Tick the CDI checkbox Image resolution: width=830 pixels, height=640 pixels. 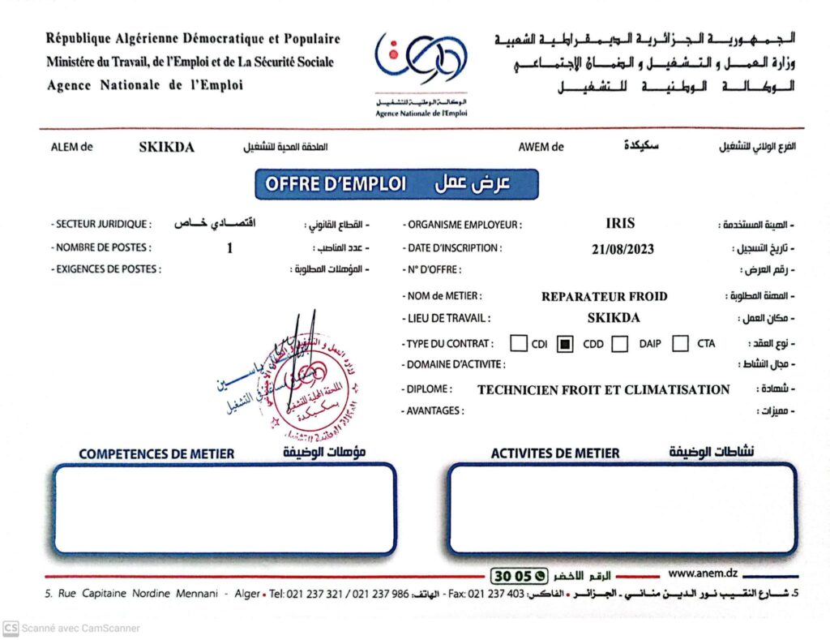tap(519, 343)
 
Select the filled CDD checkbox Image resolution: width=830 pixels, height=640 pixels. tap(566, 343)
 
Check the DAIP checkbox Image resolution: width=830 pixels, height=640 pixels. tap(620, 343)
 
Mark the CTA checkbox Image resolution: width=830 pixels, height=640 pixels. tap(681, 343)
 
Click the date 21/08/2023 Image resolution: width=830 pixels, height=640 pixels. tap(622, 249)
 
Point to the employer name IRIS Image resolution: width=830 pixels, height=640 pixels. tap(620, 224)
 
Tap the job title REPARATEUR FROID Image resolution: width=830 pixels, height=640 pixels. tap(604, 296)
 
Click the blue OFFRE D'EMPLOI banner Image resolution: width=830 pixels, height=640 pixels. tap(396, 184)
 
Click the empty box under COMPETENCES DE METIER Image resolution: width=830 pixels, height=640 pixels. tap(225, 509)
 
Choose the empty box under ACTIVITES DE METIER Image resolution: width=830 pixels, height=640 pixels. tap(622, 509)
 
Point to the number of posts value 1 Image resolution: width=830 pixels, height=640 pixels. tap(229, 248)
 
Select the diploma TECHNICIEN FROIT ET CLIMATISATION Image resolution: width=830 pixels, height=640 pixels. tap(603, 389)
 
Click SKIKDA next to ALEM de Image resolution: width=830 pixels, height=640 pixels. tap(166, 148)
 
